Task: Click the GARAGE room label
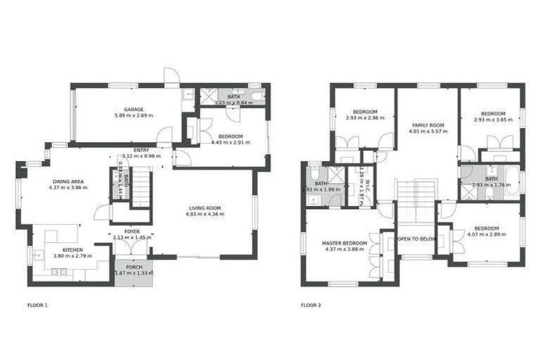pos(134,110)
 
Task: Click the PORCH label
pos(133,267)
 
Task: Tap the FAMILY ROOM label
pos(427,125)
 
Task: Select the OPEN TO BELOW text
pos(417,239)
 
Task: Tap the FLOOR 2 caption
pos(311,306)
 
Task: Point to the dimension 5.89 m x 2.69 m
pos(134,116)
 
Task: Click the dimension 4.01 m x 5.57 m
pos(427,131)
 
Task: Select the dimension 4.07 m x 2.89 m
pos(486,235)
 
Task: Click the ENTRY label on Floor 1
pos(141,150)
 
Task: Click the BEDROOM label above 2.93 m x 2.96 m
pos(365,112)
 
